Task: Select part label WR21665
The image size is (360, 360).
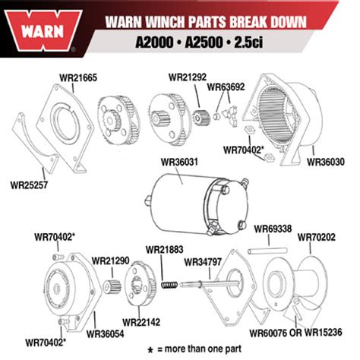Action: pyautogui.click(x=78, y=77)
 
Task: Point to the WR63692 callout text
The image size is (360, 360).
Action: pyautogui.click(x=225, y=87)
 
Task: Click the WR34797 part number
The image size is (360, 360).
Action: pyautogui.click(x=202, y=261)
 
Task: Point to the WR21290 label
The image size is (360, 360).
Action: pyautogui.click(x=111, y=260)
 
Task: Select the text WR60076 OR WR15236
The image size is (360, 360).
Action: pyautogui.click(x=300, y=332)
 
